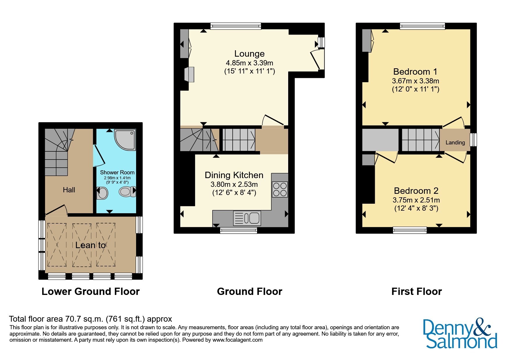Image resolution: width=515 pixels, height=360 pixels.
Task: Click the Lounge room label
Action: coord(250,54)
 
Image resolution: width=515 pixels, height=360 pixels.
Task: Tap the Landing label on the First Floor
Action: coord(455,143)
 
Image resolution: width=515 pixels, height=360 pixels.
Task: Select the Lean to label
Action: coord(90,245)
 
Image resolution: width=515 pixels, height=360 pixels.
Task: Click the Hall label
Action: coord(69,190)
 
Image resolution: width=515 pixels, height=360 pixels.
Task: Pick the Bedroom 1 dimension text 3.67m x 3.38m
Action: coord(416,81)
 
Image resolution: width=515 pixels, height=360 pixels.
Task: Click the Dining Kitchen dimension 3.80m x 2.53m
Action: coord(234,185)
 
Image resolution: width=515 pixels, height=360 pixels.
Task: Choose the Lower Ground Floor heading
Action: coord(91,291)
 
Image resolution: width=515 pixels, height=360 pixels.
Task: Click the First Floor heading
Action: coord(416,291)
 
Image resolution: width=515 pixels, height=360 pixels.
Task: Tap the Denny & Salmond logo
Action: coord(460,334)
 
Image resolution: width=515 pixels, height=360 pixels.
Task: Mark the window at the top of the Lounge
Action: coord(236,26)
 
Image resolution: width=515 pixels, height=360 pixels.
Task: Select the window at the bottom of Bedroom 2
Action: coord(410,230)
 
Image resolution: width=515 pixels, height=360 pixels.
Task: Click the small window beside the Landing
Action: coord(473,139)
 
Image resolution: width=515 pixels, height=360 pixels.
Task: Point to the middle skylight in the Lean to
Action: coord(82,245)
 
